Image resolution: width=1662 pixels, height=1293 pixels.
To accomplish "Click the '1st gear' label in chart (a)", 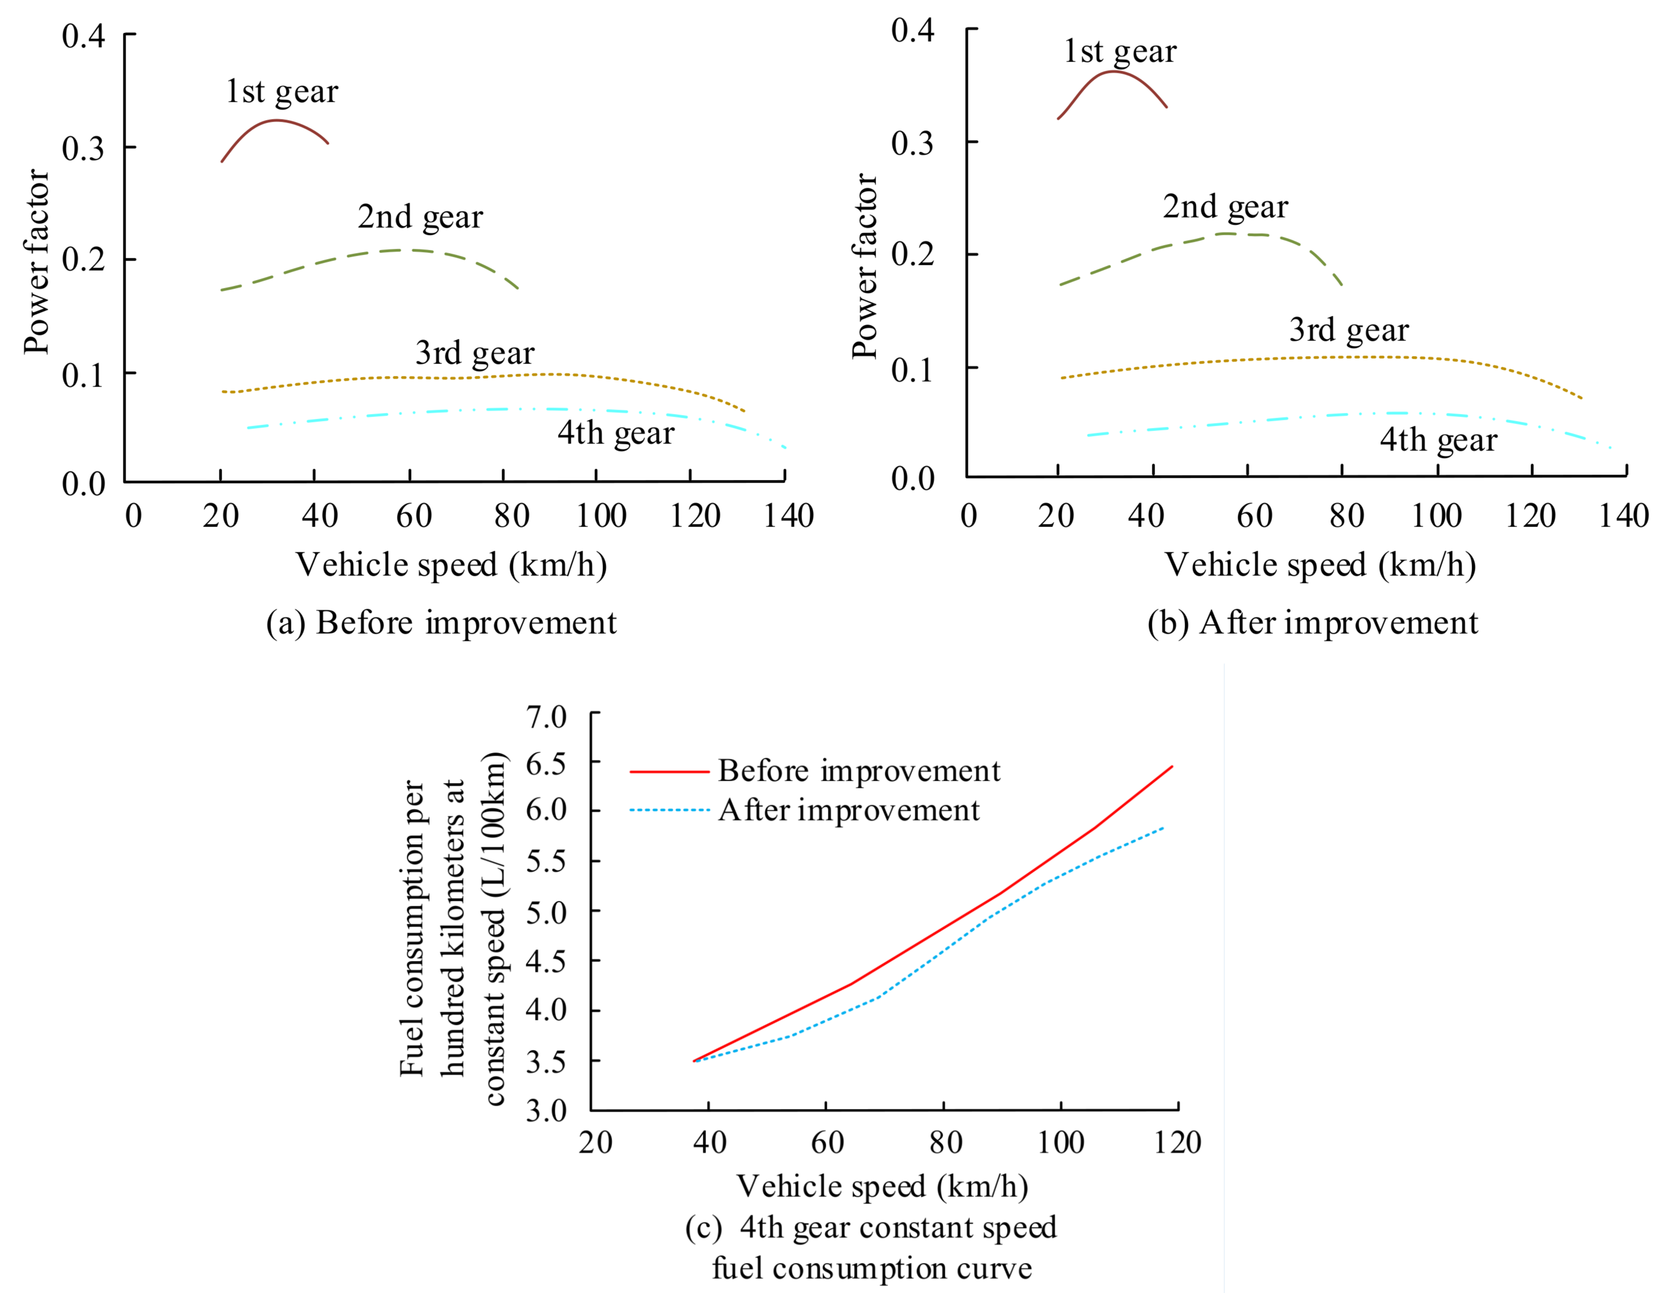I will (282, 92).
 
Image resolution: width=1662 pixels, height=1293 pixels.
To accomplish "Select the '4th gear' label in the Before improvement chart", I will (616, 433).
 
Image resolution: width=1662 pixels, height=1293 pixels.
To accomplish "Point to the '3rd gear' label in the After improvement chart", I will (1349, 331).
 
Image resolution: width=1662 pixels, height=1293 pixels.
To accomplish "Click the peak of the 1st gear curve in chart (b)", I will (1113, 71).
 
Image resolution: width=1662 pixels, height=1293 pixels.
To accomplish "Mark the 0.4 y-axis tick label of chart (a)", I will (83, 36).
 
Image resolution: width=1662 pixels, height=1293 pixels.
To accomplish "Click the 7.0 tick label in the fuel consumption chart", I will (546, 716).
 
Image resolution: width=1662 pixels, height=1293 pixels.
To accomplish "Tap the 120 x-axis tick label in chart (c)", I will (1176, 1142).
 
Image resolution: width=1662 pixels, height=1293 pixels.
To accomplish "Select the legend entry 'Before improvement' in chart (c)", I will (858, 771).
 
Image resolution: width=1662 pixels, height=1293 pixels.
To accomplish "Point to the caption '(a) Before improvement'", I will (440, 623).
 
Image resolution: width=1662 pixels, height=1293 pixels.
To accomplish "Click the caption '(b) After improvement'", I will (1312, 623).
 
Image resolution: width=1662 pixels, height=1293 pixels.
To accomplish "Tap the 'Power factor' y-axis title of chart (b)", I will (865, 266).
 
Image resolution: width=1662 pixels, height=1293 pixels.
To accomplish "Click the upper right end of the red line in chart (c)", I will (1172, 767).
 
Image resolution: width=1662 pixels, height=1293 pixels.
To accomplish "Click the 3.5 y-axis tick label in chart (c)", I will (546, 1062).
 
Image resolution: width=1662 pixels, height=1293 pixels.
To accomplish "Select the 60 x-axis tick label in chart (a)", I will (413, 516).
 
